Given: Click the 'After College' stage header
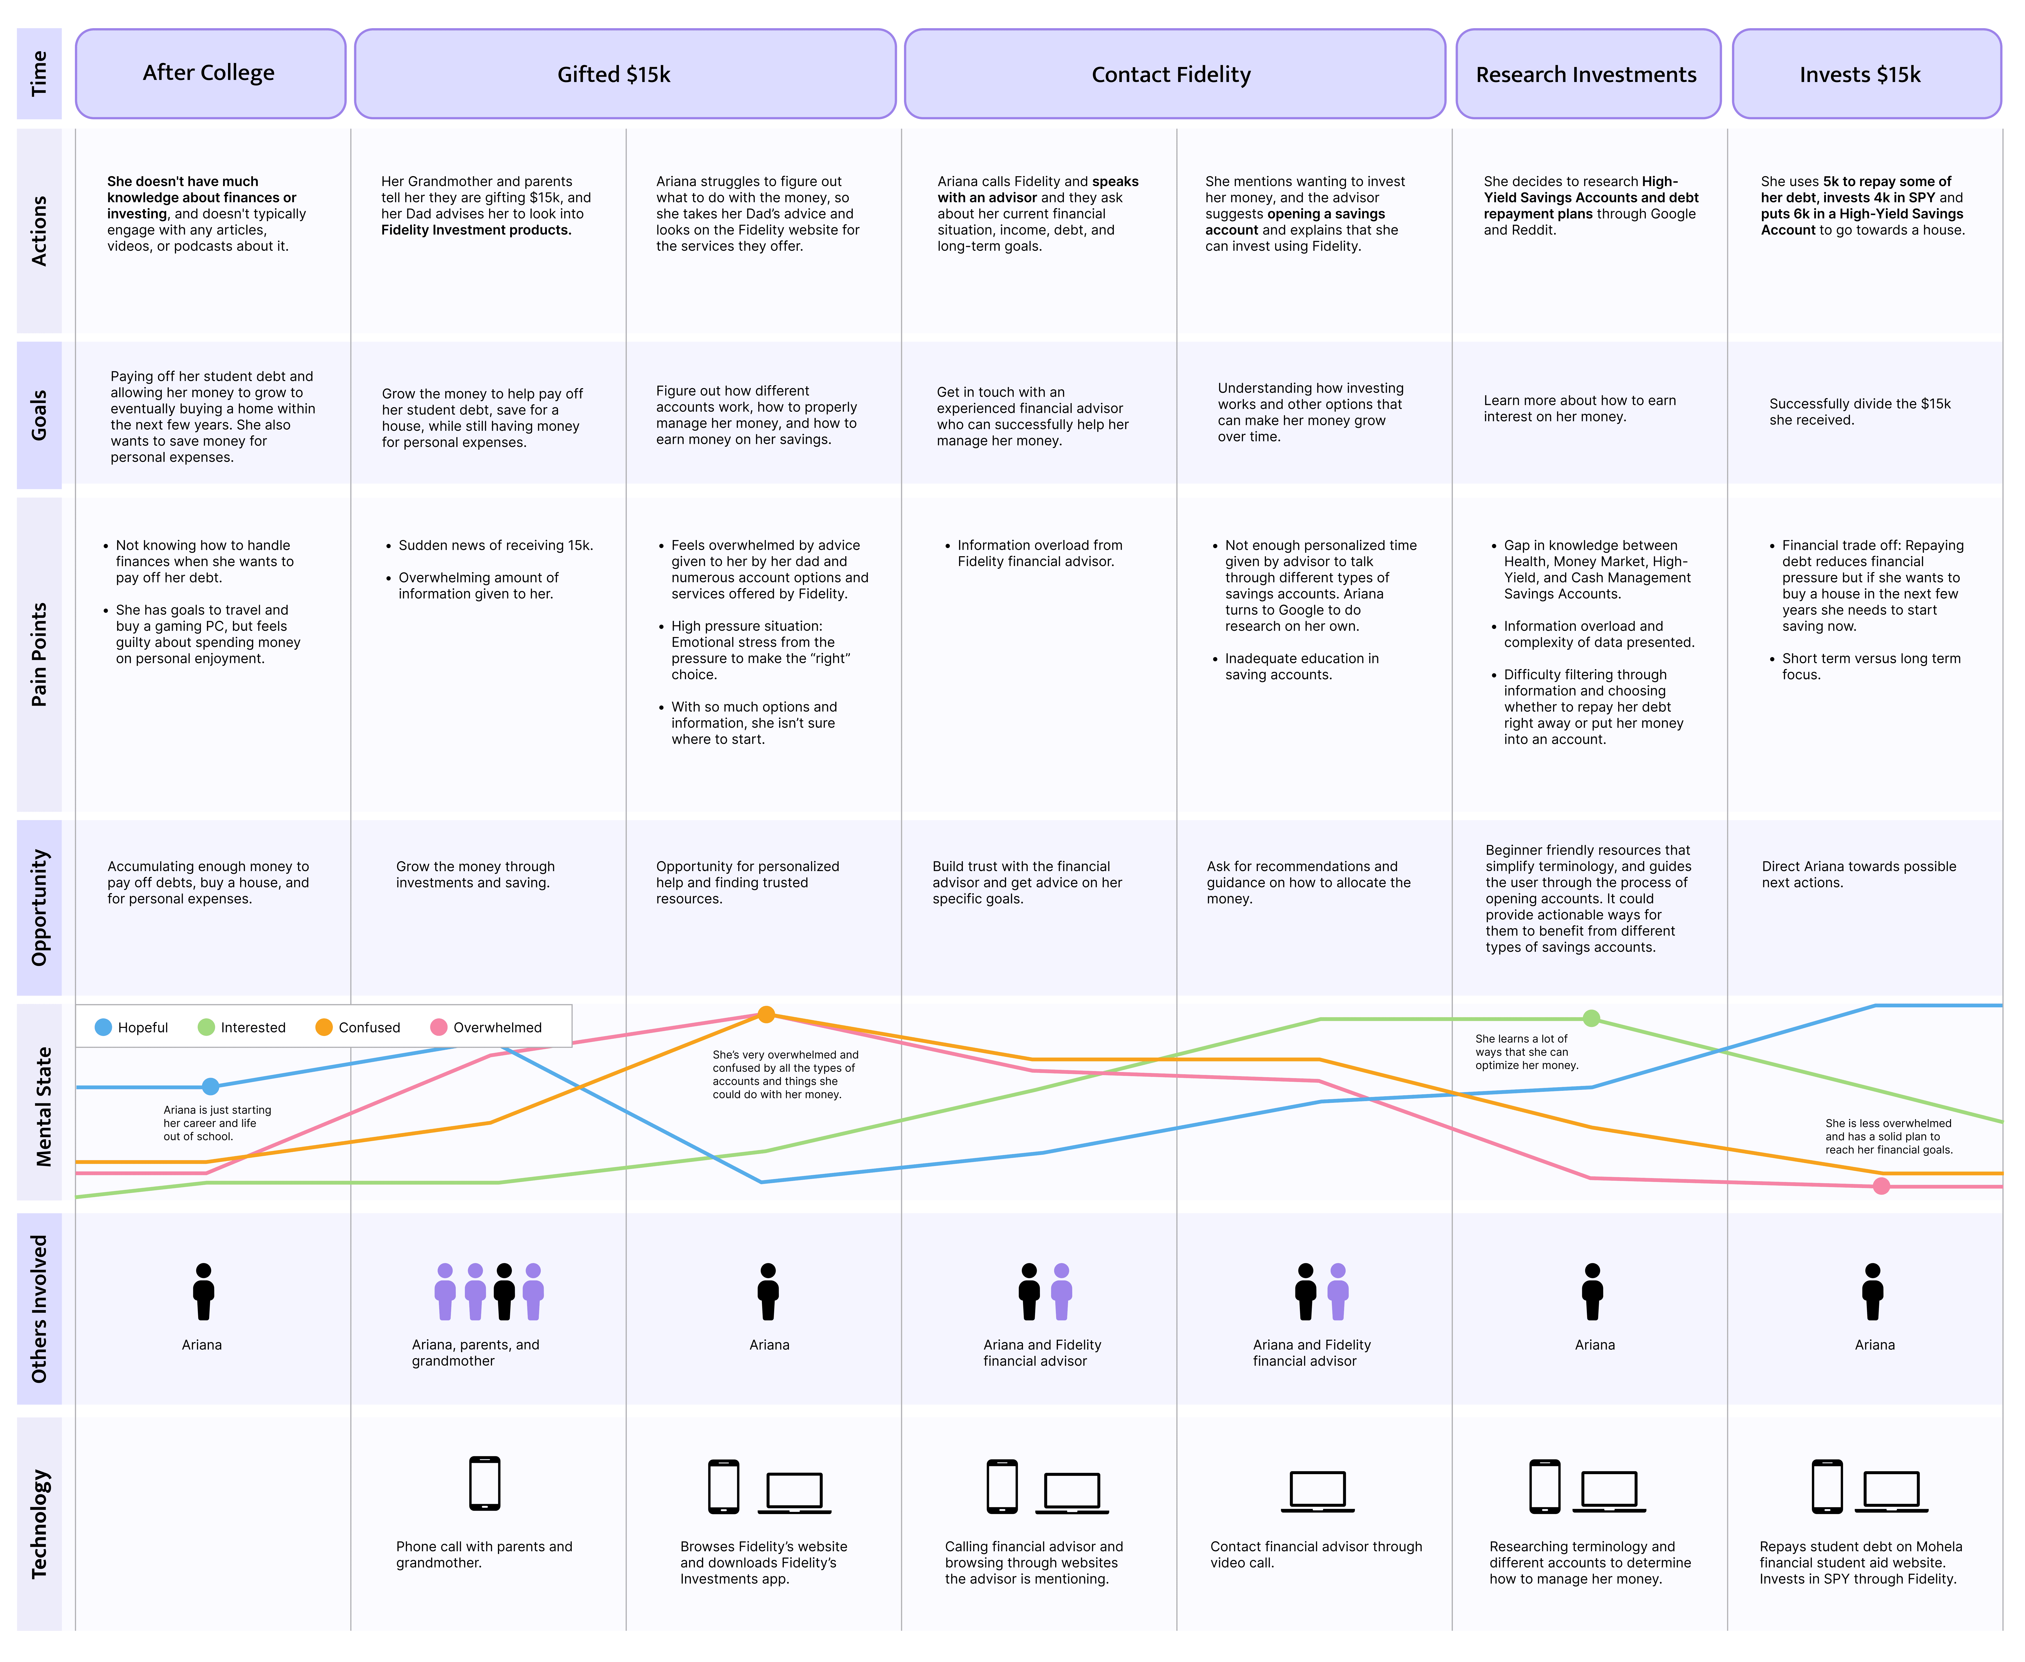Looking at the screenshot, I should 210,74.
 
